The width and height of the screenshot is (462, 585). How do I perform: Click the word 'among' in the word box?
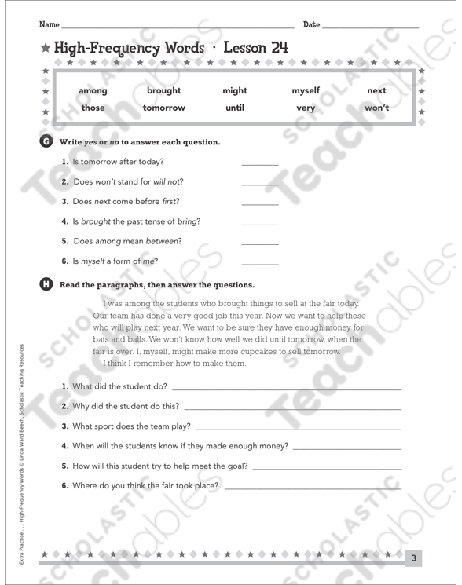(x=93, y=91)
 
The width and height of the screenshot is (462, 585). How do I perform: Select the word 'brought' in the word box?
(x=163, y=91)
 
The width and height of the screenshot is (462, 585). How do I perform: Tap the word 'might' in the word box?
(x=235, y=91)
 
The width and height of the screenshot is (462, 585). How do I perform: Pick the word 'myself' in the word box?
(x=306, y=91)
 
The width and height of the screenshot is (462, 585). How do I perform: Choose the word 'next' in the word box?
(x=376, y=91)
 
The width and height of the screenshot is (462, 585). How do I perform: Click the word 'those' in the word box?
(x=93, y=108)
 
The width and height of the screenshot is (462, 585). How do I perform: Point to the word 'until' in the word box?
(x=235, y=108)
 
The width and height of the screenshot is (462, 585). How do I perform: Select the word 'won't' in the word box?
(x=376, y=108)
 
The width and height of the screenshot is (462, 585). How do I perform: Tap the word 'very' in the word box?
(x=306, y=108)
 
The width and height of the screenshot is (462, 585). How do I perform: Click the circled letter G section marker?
(x=46, y=141)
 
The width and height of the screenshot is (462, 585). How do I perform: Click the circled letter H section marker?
(x=46, y=284)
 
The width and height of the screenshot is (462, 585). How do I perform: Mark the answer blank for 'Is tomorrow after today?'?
(x=259, y=164)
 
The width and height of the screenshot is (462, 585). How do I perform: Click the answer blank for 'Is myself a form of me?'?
(x=259, y=263)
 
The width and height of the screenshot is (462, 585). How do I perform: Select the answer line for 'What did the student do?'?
(x=286, y=388)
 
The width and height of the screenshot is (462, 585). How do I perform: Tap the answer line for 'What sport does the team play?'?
(x=299, y=429)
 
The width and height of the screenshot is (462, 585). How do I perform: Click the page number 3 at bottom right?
(x=414, y=558)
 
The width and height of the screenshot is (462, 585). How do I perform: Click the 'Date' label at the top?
(x=311, y=25)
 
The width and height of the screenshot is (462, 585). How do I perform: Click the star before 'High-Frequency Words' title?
(x=46, y=49)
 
